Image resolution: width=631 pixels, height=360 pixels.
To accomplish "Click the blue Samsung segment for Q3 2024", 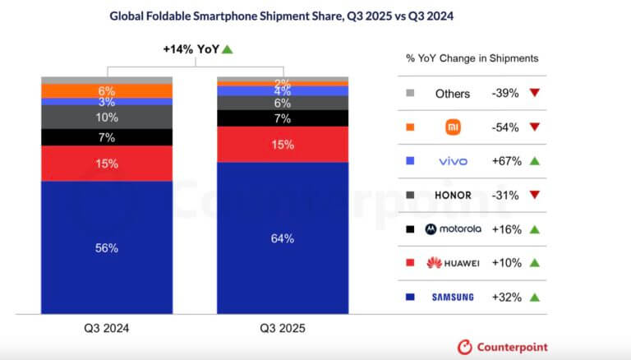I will click(x=107, y=247).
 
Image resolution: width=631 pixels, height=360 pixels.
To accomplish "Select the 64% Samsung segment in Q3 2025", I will click(x=282, y=238).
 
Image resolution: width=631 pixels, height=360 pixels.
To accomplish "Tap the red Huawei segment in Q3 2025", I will click(x=282, y=145).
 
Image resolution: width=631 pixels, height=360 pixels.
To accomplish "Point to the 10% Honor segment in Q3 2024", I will click(x=107, y=118).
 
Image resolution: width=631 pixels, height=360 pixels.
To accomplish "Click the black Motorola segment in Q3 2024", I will click(x=107, y=137).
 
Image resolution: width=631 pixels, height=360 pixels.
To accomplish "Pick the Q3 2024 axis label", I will click(x=107, y=327).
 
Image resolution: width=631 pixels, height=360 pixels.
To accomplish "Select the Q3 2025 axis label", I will click(x=282, y=327).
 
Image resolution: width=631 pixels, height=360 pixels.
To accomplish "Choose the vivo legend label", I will click(x=454, y=161).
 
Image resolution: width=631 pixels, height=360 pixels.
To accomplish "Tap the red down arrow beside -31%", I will click(x=535, y=196).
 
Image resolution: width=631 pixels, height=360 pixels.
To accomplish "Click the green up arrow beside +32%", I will click(x=535, y=297).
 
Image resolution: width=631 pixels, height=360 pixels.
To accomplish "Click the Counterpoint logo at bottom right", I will click(x=502, y=347).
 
